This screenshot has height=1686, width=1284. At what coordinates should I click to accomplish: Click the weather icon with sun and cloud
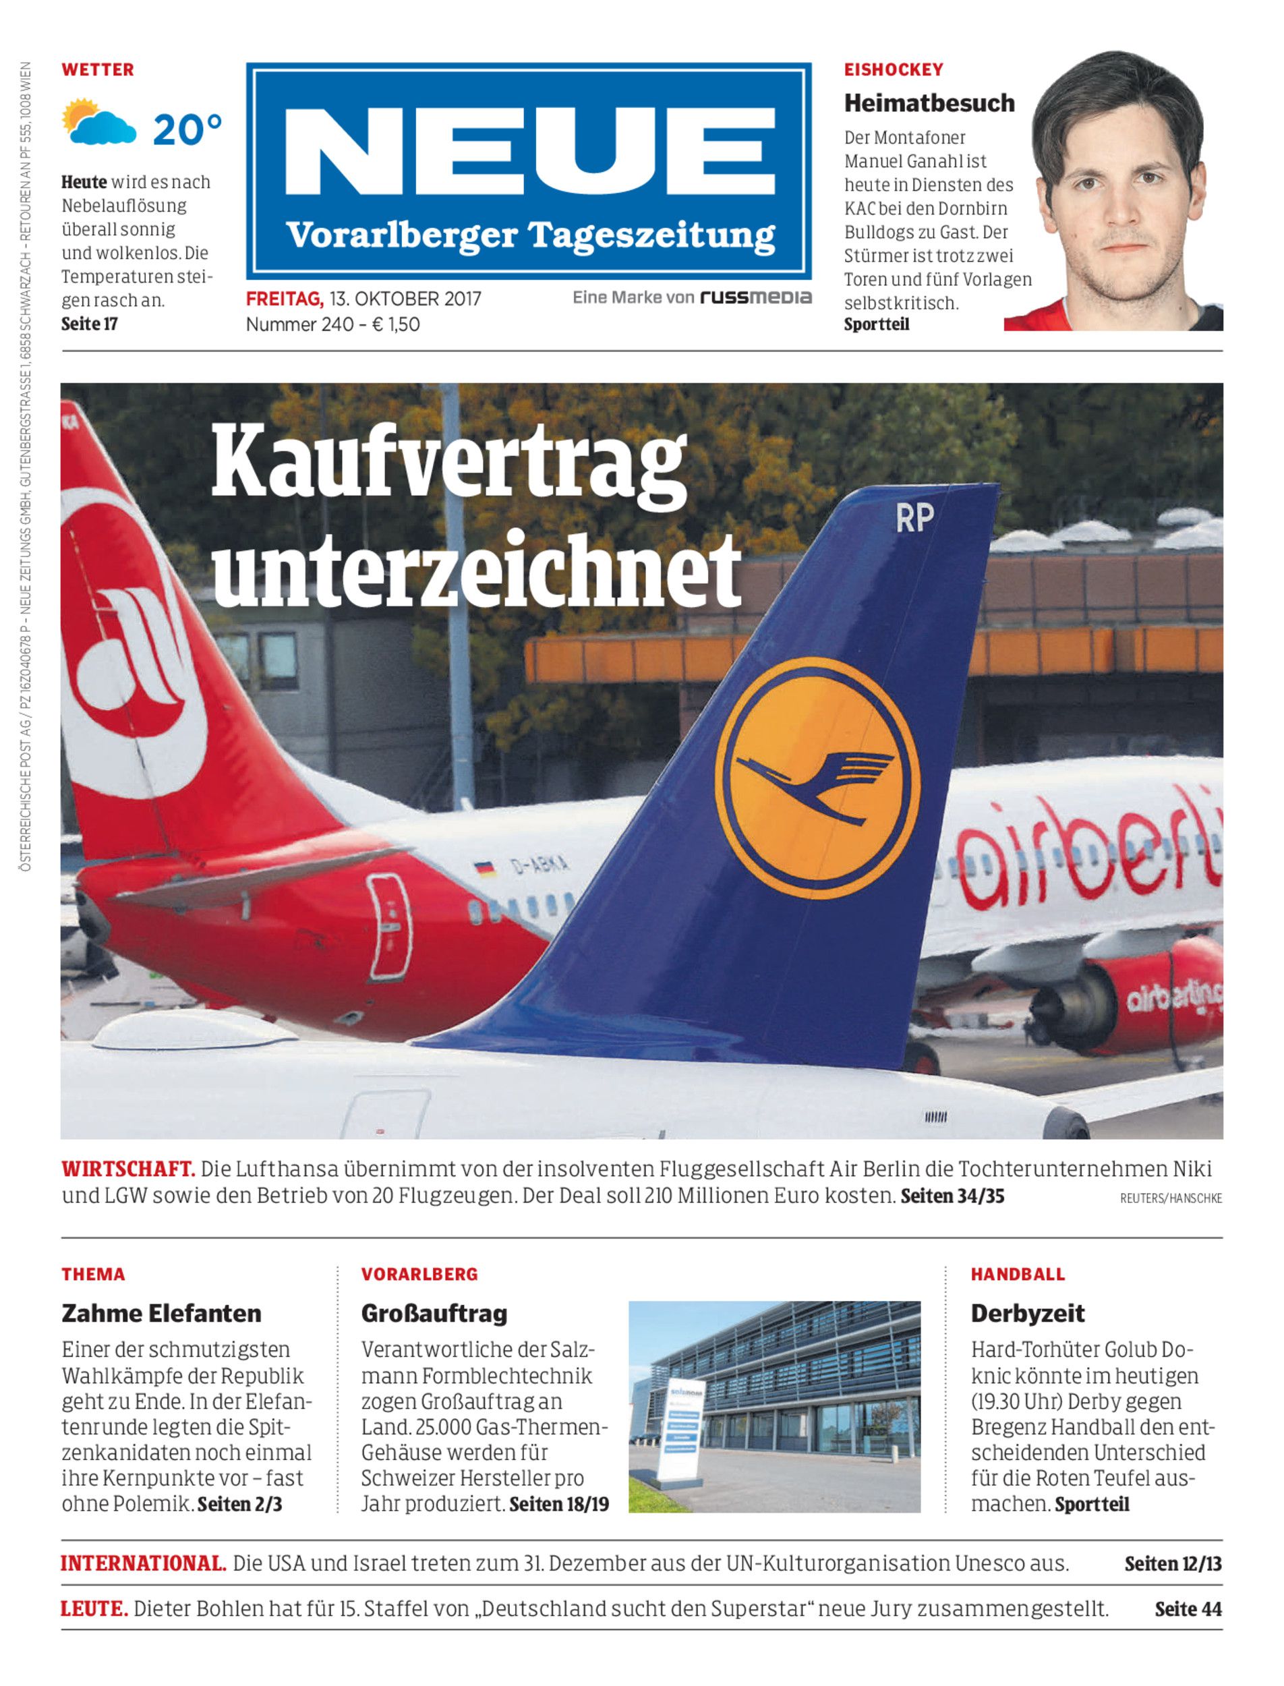[98, 122]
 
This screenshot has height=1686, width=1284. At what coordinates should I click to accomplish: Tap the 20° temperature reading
[187, 129]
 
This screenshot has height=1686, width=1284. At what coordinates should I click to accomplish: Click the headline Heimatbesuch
[929, 103]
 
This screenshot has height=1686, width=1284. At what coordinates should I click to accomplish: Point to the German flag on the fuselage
[483, 868]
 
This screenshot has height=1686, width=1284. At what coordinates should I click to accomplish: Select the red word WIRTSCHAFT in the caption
[127, 1169]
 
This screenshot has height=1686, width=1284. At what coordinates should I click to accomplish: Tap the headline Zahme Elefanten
[161, 1313]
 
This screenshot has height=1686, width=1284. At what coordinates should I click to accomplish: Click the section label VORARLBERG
[419, 1274]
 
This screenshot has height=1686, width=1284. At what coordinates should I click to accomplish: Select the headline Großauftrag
[434, 1313]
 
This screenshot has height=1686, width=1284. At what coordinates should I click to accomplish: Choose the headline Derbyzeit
[1027, 1313]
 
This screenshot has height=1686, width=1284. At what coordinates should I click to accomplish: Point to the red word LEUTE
[94, 1609]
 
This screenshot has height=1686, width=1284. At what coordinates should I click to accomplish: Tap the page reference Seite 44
[1188, 1609]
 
